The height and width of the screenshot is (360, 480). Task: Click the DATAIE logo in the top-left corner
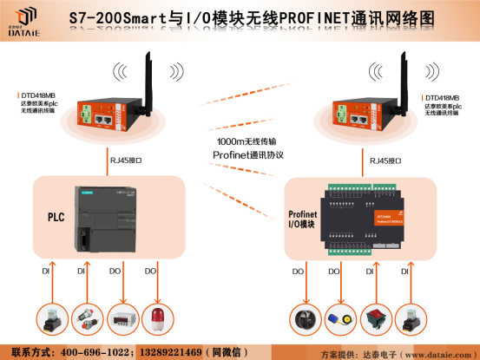pyautogui.click(x=25, y=17)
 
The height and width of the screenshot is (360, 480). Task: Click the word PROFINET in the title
pyautogui.click(x=307, y=16)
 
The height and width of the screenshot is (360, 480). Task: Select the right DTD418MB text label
pyautogui.click(x=442, y=98)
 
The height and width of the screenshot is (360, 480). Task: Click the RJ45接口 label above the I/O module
pyautogui.click(x=385, y=160)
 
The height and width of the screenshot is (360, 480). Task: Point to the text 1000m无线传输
pyautogui.click(x=248, y=141)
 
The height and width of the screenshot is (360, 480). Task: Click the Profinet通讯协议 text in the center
pyautogui.click(x=248, y=154)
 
